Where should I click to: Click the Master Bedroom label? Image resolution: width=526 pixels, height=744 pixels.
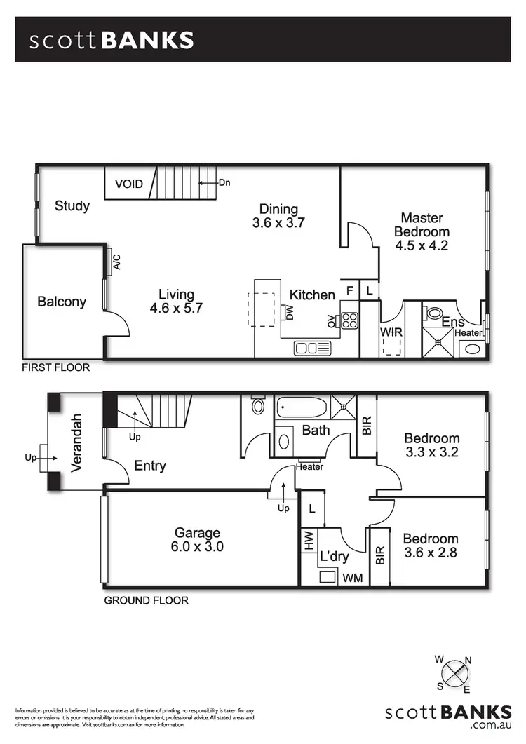[422, 225]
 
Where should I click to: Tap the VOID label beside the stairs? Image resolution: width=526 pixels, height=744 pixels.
[129, 184]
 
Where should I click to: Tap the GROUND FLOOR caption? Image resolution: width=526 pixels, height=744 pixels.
[146, 600]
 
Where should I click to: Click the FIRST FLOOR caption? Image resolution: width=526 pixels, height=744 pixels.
[55, 367]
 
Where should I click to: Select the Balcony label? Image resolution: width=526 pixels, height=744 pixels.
[62, 302]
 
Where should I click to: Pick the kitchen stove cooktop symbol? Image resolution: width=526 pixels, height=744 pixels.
[349, 320]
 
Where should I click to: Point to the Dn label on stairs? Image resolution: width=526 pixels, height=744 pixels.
[224, 183]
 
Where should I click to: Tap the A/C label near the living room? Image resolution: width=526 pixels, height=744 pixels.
[117, 261]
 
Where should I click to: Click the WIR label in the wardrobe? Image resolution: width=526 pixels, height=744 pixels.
[390, 331]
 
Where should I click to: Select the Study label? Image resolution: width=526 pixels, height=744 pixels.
[72, 205]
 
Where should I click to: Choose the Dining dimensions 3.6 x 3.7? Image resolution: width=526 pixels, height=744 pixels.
[278, 223]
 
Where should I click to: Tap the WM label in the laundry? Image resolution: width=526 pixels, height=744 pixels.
[353, 579]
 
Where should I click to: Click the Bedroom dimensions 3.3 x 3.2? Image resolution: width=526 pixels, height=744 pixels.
[431, 452]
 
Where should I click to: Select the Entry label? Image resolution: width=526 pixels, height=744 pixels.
[149, 466]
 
